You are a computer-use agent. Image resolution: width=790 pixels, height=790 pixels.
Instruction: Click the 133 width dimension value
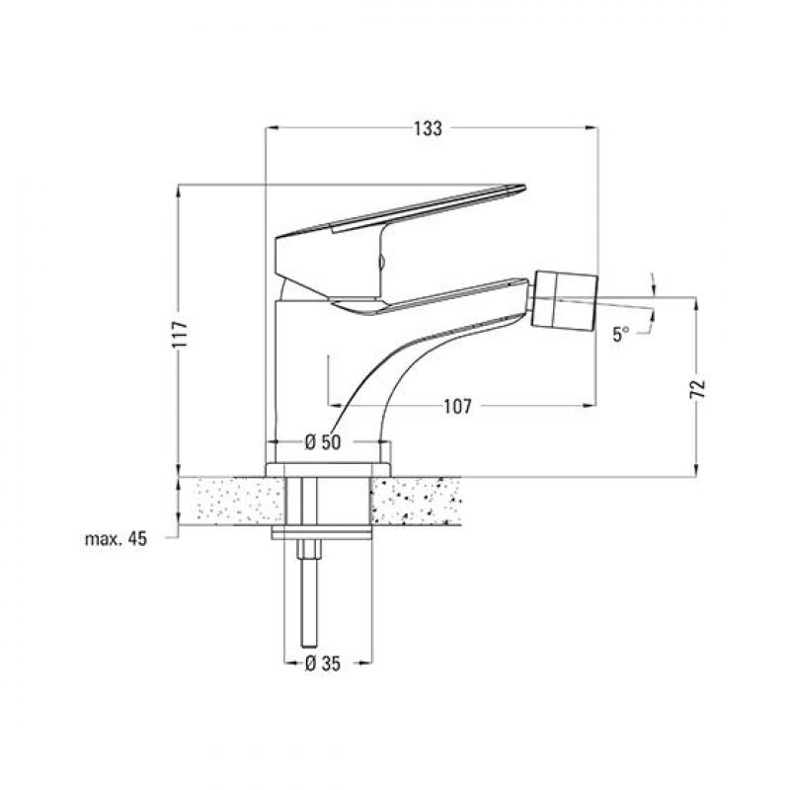click(429, 129)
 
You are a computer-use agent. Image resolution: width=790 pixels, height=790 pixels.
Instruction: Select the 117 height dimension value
click(180, 334)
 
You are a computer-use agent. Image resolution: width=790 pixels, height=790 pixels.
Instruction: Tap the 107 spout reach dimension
click(458, 406)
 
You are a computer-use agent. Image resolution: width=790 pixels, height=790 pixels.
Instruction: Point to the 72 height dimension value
click(698, 388)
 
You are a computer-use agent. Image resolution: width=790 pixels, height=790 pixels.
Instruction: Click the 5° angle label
click(621, 334)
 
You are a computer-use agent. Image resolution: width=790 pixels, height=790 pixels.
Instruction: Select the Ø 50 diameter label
click(323, 442)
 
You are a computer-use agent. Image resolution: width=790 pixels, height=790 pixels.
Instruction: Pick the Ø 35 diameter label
click(323, 664)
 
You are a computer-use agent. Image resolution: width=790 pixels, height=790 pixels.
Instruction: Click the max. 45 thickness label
click(116, 539)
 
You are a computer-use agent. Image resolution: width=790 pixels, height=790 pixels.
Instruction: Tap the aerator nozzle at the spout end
click(565, 300)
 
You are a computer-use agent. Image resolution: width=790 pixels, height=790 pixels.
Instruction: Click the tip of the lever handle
click(524, 188)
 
